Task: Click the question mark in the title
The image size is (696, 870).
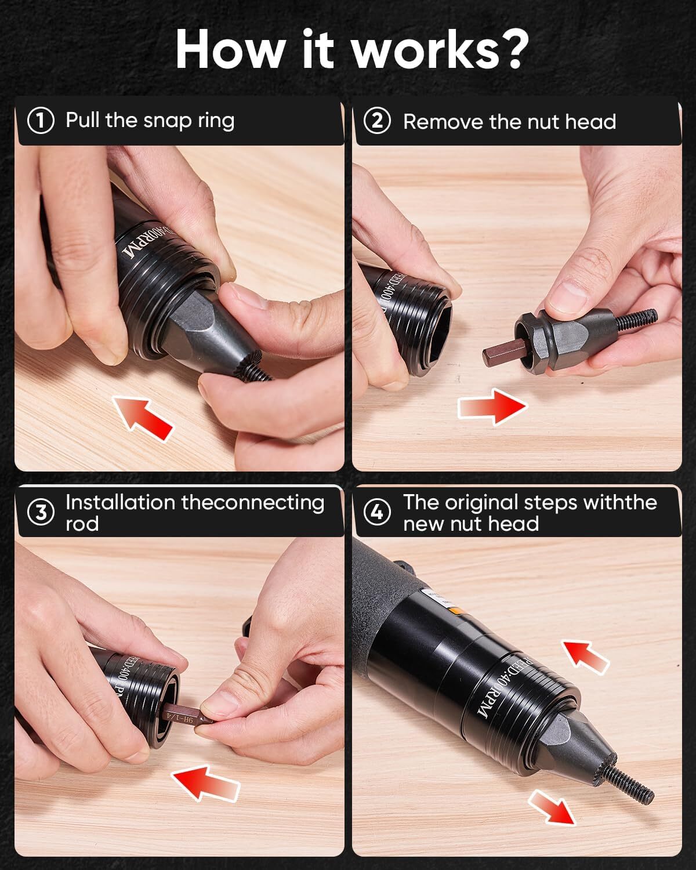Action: pyautogui.click(x=509, y=49)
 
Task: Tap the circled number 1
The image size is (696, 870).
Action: pyautogui.click(x=41, y=121)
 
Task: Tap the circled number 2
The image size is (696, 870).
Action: pyautogui.click(x=377, y=122)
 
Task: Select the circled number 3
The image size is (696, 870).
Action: pyautogui.click(x=41, y=513)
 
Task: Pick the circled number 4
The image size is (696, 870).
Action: pyautogui.click(x=377, y=513)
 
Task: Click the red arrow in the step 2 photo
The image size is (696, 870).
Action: pyautogui.click(x=492, y=407)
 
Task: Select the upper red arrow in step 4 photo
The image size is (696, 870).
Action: pyautogui.click(x=586, y=655)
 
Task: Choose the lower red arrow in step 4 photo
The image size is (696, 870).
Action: pyautogui.click(x=552, y=806)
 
